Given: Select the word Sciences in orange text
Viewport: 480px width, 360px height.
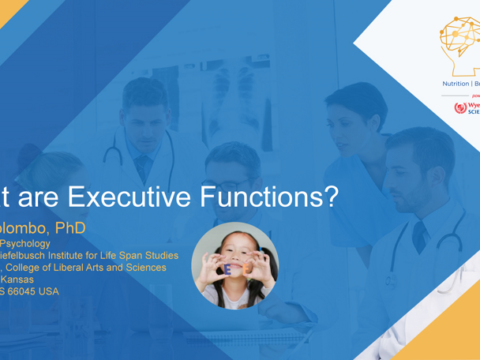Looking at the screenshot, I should point(144,268).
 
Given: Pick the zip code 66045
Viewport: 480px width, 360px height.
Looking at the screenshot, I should point(28,291).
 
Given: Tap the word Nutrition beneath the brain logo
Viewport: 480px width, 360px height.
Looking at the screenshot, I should point(456,83).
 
